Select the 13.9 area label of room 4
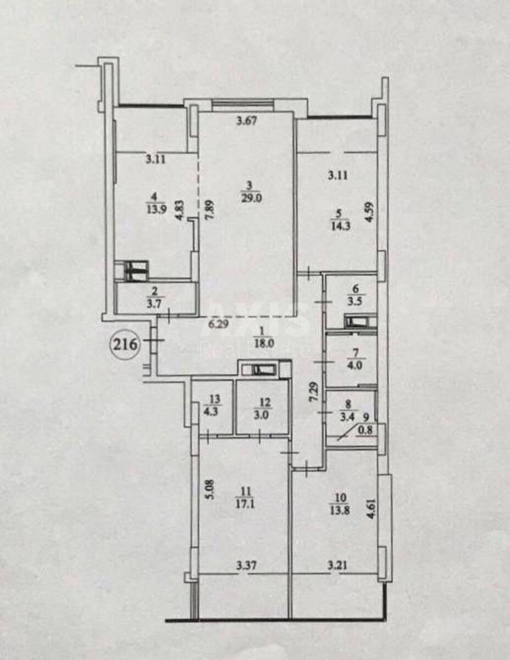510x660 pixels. point(157,210)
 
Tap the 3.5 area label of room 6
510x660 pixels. point(357,303)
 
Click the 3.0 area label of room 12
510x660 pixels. point(265,415)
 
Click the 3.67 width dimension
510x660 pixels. point(247,121)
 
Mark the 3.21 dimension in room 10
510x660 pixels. point(337,565)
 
